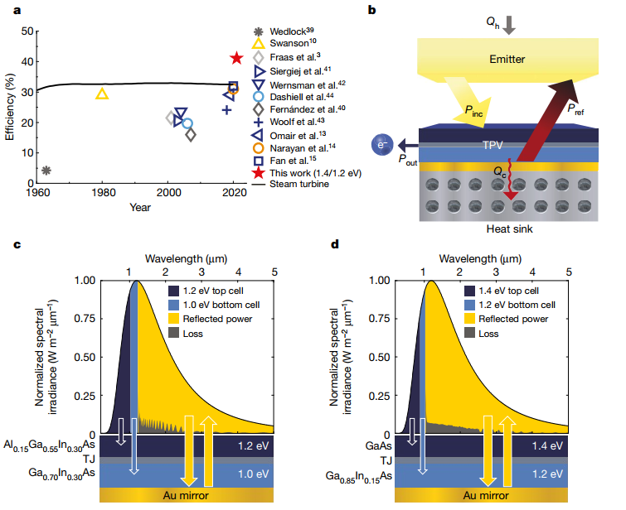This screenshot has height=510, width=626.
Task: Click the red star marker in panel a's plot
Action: click(x=236, y=58)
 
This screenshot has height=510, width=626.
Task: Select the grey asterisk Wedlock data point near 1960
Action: click(x=46, y=171)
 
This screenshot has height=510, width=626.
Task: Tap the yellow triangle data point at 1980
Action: click(x=102, y=94)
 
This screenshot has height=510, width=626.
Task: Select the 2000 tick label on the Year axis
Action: click(x=168, y=194)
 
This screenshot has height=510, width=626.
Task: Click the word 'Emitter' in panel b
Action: click(x=507, y=60)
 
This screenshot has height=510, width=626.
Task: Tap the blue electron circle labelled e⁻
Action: click(x=383, y=147)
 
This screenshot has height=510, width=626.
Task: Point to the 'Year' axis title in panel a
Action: click(x=140, y=207)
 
